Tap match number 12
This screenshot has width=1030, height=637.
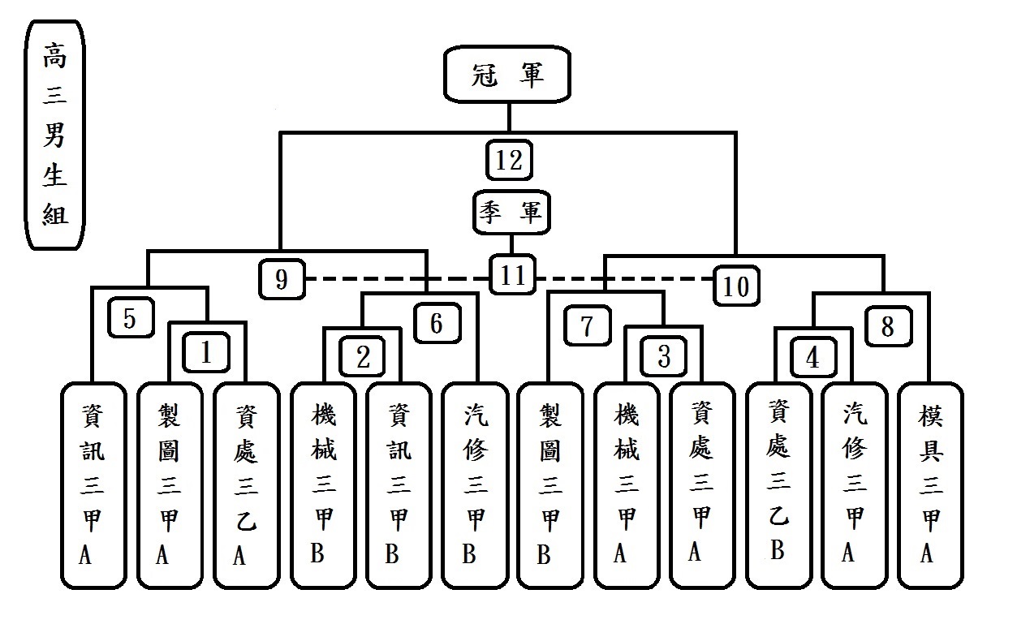(509, 161)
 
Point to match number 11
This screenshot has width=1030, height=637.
(512, 276)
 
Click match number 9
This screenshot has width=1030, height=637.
(282, 279)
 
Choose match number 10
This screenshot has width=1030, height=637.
(736, 286)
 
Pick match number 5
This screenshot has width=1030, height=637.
(130, 319)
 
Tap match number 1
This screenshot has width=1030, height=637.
(206, 353)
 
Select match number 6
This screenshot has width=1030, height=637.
(437, 323)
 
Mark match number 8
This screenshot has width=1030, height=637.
(886, 327)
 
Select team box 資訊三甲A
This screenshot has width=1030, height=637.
(93, 485)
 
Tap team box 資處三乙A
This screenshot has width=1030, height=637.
(245, 485)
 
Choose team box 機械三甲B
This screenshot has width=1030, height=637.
(322, 485)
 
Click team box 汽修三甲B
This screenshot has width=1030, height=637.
(474, 485)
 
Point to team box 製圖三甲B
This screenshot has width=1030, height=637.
(549, 485)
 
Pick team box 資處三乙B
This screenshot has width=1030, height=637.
(778, 485)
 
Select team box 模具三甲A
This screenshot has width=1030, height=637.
(929, 485)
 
